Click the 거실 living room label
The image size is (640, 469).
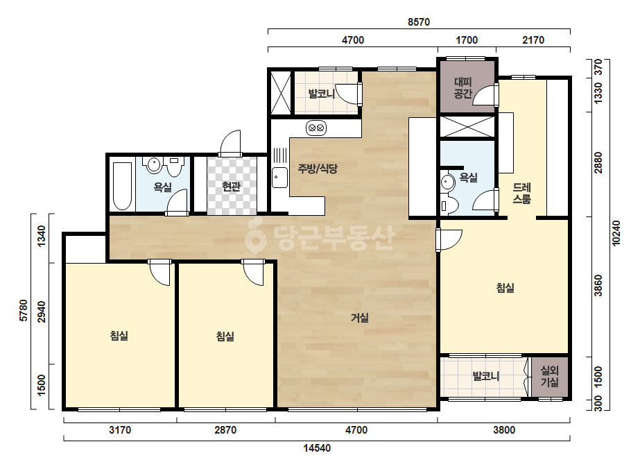(x=360, y=318)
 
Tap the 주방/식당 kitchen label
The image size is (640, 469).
(x=318, y=169)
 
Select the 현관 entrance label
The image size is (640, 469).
(x=231, y=187)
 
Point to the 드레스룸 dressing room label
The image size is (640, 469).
(x=521, y=194)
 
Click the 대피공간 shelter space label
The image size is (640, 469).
(x=463, y=88)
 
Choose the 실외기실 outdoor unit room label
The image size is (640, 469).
(x=549, y=376)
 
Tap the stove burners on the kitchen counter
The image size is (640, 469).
(x=316, y=128)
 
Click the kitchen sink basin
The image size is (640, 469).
(x=279, y=178)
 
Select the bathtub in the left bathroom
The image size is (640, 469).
(x=122, y=186)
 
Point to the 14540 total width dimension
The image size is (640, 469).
(x=317, y=448)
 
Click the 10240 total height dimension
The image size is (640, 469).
(x=616, y=233)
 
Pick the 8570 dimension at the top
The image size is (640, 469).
(x=419, y=22)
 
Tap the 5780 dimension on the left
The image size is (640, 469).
(x=24, y=311)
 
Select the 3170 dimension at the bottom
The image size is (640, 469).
(x=120, y=429)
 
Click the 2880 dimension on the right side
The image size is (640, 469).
(x=598, y=162)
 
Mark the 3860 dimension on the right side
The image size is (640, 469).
(x=598, y=286)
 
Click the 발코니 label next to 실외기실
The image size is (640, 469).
(x=485, y=376)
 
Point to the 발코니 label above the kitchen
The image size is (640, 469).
(x=322, y=94)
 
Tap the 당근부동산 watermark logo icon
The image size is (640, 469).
(x=255, y=235)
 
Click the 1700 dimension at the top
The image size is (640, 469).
(x=467, y=40)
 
